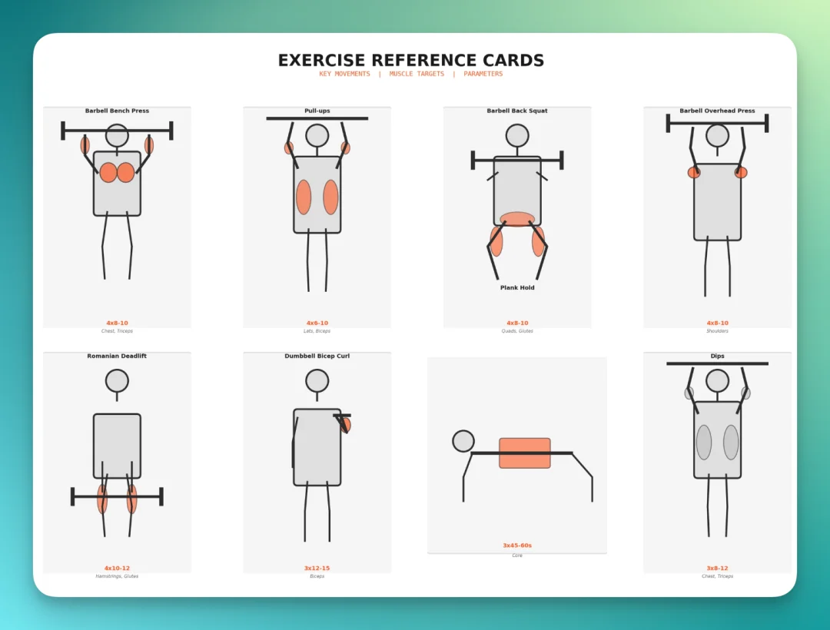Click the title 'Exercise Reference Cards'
coord(410,60)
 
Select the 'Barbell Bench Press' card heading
coord(117,111)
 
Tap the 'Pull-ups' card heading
coord(317,111)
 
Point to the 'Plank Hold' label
coord(517,288)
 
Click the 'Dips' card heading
coord(717,356)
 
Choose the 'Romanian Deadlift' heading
coord(117,356)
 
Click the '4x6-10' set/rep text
coord(317,323)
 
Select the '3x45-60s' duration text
coord(517,545)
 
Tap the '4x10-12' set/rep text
coord(117,568)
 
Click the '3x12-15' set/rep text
coord(317,568)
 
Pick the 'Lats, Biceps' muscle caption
coord(317,331)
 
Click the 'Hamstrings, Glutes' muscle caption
coord(117,576)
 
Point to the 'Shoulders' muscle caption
coord(717,331)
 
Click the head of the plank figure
coord(463,441)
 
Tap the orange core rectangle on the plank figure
coord(525,453)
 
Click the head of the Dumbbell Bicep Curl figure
coord(317,381)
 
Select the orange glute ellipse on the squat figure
coord(517,219)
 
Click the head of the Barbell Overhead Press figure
coord(717,135)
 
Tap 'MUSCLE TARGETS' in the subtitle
coord(417,74)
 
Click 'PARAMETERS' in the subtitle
coord(483,74)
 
